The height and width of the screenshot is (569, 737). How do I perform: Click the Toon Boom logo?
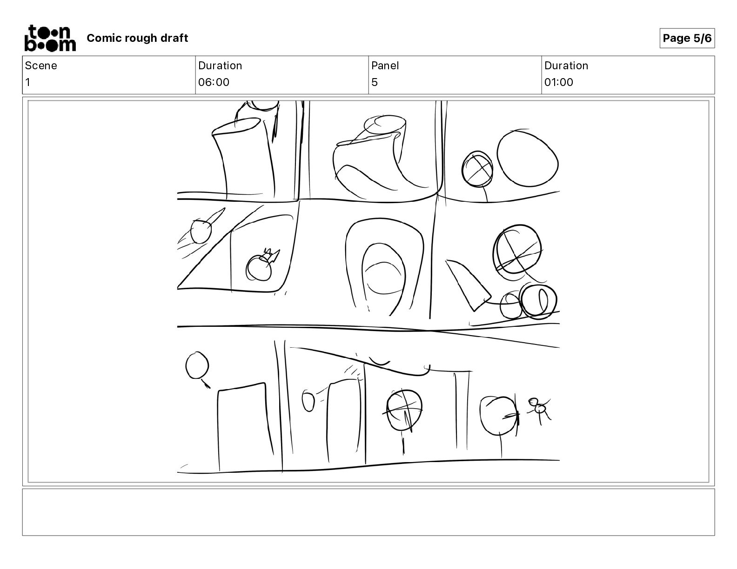pos(50,38)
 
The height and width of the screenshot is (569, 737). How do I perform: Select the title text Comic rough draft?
pos(137,38)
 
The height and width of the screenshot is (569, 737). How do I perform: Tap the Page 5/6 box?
pos(687,38)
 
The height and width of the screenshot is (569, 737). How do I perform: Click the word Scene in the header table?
pos(41,66)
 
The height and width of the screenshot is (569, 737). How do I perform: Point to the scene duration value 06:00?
pos(214,82)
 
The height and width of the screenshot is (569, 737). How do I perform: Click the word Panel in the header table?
pos(385,66)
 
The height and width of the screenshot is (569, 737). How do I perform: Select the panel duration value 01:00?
pos(559,82)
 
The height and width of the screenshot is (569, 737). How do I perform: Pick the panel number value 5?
pos(375,82)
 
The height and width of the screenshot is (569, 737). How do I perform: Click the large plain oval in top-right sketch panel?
pos(528,158)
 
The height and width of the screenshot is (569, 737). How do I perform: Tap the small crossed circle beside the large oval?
pos(477,169)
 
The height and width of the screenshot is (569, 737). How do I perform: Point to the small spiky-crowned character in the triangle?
pos(262,265)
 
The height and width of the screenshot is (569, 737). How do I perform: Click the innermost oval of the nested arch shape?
pos(384,278)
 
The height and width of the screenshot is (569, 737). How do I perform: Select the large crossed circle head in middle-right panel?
pos(517,249)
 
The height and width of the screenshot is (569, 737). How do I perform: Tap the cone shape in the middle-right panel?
pos(468,284)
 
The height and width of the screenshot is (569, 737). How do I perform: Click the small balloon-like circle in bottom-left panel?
pos(197,365)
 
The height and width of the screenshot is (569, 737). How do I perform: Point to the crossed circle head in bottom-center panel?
pos(404,410)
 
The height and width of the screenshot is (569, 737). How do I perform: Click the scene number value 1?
pos(28,82)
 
